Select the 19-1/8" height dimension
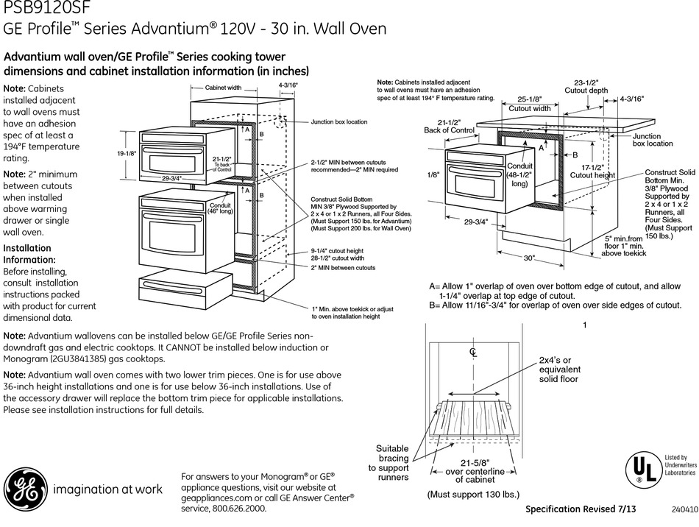pyautogui.click(x=127, y=154)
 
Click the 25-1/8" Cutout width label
pyautogui.click(x=530, y=104)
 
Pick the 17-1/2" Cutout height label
pyautogui.click(x=592, y=171)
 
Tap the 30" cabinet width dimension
pyautogui.click(x=530, y=258)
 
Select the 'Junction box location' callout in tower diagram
pyautogui.click(x=338, y=121)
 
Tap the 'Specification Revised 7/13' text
pyautogui.click(x=581, y=510)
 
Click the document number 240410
pyautogui.click(x=684, y=510)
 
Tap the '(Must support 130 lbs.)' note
pyautogui.click(x=473, y=495)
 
